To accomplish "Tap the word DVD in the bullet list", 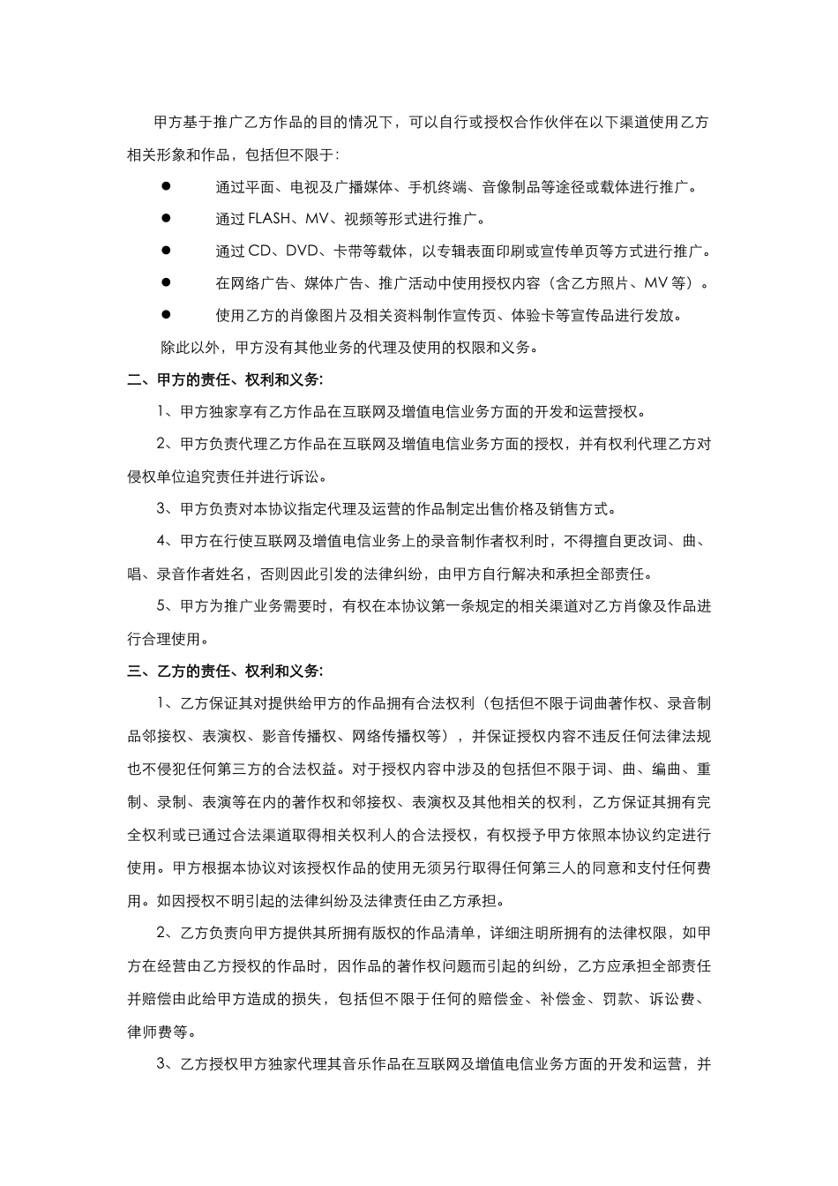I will tap(300, 251).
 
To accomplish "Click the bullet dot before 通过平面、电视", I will tap(165, 185).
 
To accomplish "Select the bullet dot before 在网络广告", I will tap(165, 282).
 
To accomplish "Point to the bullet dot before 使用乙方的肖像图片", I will tap(165, 315).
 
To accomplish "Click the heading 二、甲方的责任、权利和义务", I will tap(225, 380).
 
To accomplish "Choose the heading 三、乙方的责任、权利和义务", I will tap(225, 671).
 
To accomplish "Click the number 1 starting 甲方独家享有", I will tap(161, 412).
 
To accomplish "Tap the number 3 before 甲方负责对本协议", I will tap(161, 509).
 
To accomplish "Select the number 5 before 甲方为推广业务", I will tap(161, 606).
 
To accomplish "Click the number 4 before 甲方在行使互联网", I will tap(161, 542).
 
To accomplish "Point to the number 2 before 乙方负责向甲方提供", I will tap(161, 934).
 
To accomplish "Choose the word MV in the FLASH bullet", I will tap(315, 219).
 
